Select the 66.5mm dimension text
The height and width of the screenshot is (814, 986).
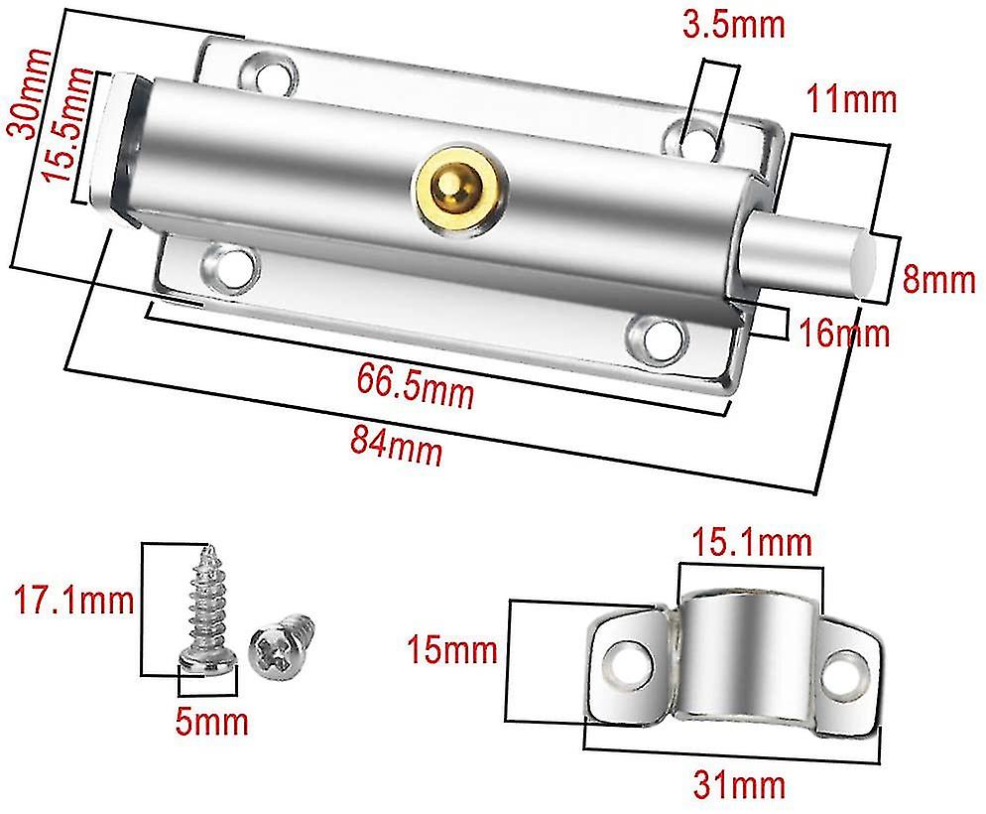[415, 387]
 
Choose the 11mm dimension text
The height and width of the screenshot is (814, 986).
[850, 99]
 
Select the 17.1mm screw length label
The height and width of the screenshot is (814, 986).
[70, 600]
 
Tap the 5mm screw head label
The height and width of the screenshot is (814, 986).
[210, 720]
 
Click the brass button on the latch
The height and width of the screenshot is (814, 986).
[457, 185]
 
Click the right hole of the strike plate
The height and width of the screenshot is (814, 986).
[846, 670]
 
